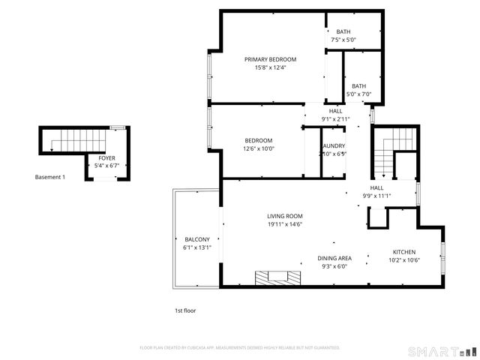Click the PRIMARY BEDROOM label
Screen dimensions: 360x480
click(270, 59)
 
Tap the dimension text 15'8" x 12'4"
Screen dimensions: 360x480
click(270, 67)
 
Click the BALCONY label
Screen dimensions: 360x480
click(197, 239)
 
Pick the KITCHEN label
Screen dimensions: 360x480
click(403, 252)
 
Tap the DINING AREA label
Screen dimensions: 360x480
click(334, 257)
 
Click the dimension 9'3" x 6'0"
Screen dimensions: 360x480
click(334, 265)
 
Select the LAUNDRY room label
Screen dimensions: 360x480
click(332, 145)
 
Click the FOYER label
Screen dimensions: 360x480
click(106, 158)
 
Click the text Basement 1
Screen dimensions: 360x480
click(50, 177)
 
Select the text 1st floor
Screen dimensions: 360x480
click(184, 310)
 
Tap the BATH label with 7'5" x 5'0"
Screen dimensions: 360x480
click(343, 31)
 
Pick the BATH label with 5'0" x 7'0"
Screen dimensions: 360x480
click(359, 85)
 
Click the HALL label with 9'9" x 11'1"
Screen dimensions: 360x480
click(376, 187)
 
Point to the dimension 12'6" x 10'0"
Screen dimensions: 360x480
click(259, 148)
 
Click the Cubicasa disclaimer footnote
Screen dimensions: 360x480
click(240, 348)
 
